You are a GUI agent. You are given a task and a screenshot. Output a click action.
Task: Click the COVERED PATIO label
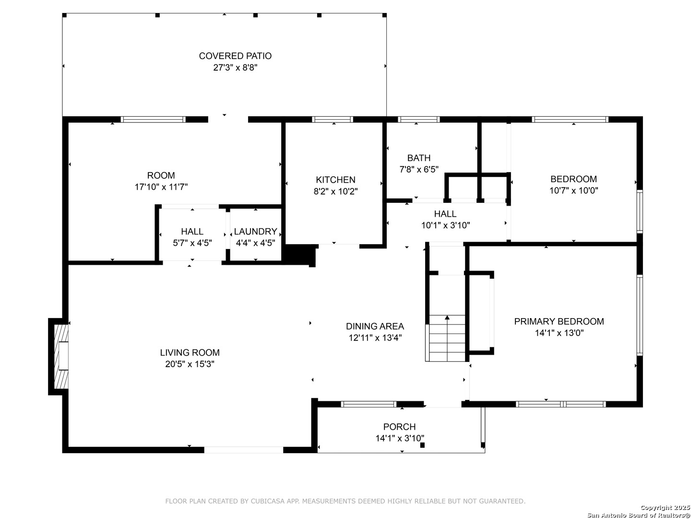click(x=235, y=56)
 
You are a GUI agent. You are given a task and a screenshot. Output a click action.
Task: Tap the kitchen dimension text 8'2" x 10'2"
click(x=335, y=191)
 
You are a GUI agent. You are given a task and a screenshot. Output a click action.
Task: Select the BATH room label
click(x=418, y=158)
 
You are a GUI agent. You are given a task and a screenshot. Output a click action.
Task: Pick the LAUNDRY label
click(x=255, y=231)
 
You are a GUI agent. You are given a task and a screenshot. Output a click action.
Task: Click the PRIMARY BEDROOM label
click(x=559, y=321)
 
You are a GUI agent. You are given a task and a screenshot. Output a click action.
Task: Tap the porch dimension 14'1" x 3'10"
click(x=400, y=438)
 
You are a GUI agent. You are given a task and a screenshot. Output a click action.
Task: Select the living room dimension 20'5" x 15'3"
click(x=190, y=364)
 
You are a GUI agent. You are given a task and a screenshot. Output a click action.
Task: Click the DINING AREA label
click(x=375, y=326)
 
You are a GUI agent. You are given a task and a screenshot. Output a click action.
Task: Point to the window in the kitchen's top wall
click(x=332, y=120)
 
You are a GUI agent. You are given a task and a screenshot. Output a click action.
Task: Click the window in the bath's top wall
click(x=418, y=120)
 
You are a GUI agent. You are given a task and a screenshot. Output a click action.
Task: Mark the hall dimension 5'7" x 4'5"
click(x=192, y=243)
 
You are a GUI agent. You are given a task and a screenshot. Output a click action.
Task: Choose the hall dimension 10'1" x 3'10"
click(x=445, y=225)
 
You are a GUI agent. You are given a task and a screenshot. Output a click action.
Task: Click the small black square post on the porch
click(x=422, y=445)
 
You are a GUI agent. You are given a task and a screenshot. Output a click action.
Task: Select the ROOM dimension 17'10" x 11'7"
click(x=161, y=187)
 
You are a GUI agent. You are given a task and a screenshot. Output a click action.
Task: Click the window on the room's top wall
click(x=153, y=120)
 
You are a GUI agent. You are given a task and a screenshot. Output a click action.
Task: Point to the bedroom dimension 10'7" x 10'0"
click(x=573, y=190)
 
